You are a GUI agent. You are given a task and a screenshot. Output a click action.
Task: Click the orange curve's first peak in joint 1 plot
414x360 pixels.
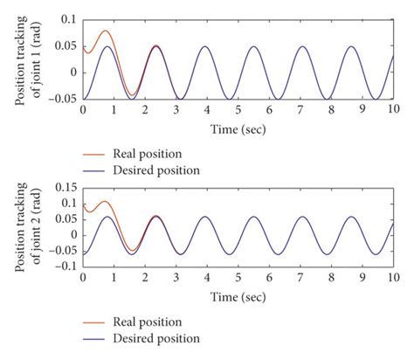[x=106, y=31]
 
